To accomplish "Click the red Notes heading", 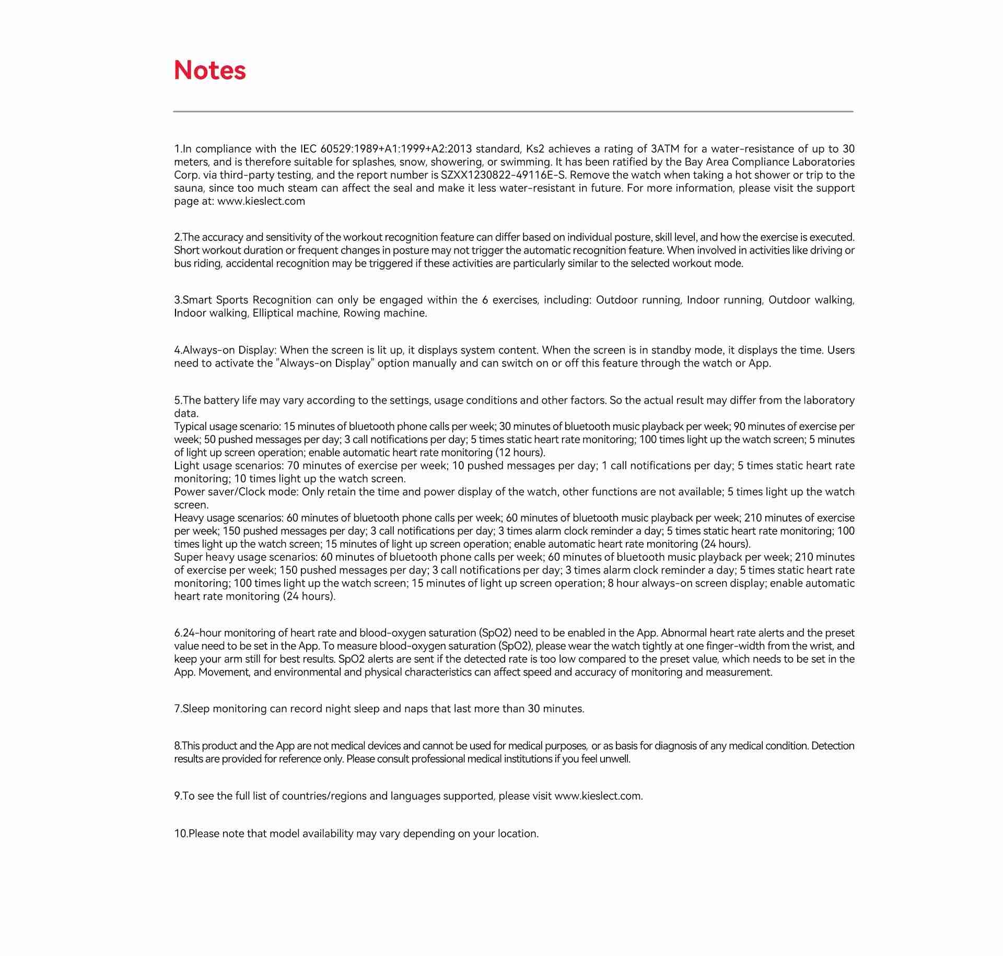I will pyautogui.click(x=209, y=70).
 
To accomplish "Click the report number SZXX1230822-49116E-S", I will pyautogui.click(x=503, y=175).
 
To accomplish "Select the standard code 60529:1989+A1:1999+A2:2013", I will pyautogui.click(x=396, y=149).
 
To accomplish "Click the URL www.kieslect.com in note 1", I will pyautogui.click(x=261, y=201).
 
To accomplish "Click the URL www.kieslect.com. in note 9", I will pyautogui.click(x=599, y=796).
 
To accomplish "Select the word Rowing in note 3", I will pyautogui.click(x=361, y=313).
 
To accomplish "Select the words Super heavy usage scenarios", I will pyautogui.click(x=246, y=557).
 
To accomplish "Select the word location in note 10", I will pyautogui.click(x=518, y=834).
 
